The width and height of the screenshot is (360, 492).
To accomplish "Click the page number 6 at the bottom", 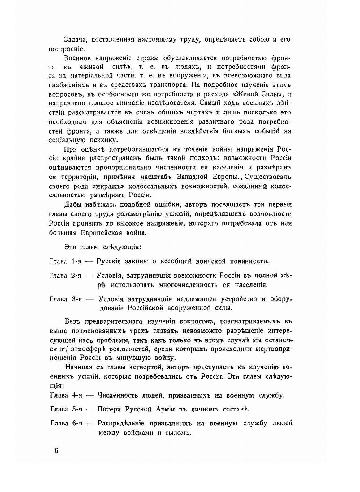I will click(56, 451).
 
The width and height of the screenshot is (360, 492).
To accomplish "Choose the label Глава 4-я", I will click(65, 395).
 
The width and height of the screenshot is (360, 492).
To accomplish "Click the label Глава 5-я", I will click(65, 409).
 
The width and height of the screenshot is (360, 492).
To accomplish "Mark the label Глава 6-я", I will click(65, 423).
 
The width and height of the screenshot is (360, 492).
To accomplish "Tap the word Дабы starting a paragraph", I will click(74, 205).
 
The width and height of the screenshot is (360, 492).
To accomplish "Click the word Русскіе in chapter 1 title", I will click(111, 261).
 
